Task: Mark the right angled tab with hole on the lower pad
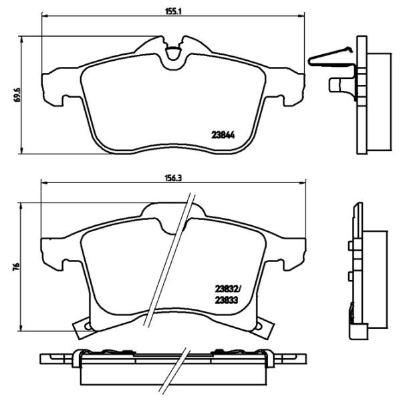[x=261, y=325]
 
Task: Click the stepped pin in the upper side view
[x=342, y=84]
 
